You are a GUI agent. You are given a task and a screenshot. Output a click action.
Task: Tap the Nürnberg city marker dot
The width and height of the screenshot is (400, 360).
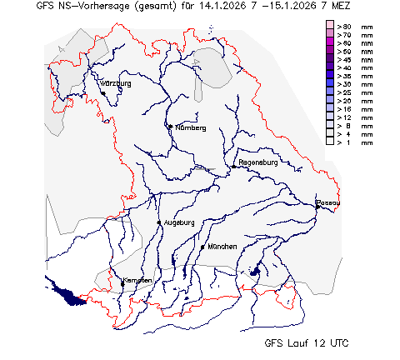170,127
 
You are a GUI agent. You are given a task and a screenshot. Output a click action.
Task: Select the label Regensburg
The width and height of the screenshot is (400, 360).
257,162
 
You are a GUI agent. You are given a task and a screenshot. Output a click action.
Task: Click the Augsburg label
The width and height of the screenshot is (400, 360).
179,222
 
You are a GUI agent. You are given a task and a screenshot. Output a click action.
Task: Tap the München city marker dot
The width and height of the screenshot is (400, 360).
202,247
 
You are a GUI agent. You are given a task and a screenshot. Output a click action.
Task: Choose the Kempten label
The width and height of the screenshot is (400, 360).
137,280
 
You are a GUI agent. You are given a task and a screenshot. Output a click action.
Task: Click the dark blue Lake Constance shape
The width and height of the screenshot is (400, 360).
67,290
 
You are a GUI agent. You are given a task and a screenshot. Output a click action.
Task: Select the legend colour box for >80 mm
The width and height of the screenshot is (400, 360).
330,27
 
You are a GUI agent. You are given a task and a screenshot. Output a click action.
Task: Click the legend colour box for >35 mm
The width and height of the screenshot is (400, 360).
330,77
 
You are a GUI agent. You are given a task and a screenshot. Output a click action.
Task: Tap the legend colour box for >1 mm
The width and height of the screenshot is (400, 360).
330,142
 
